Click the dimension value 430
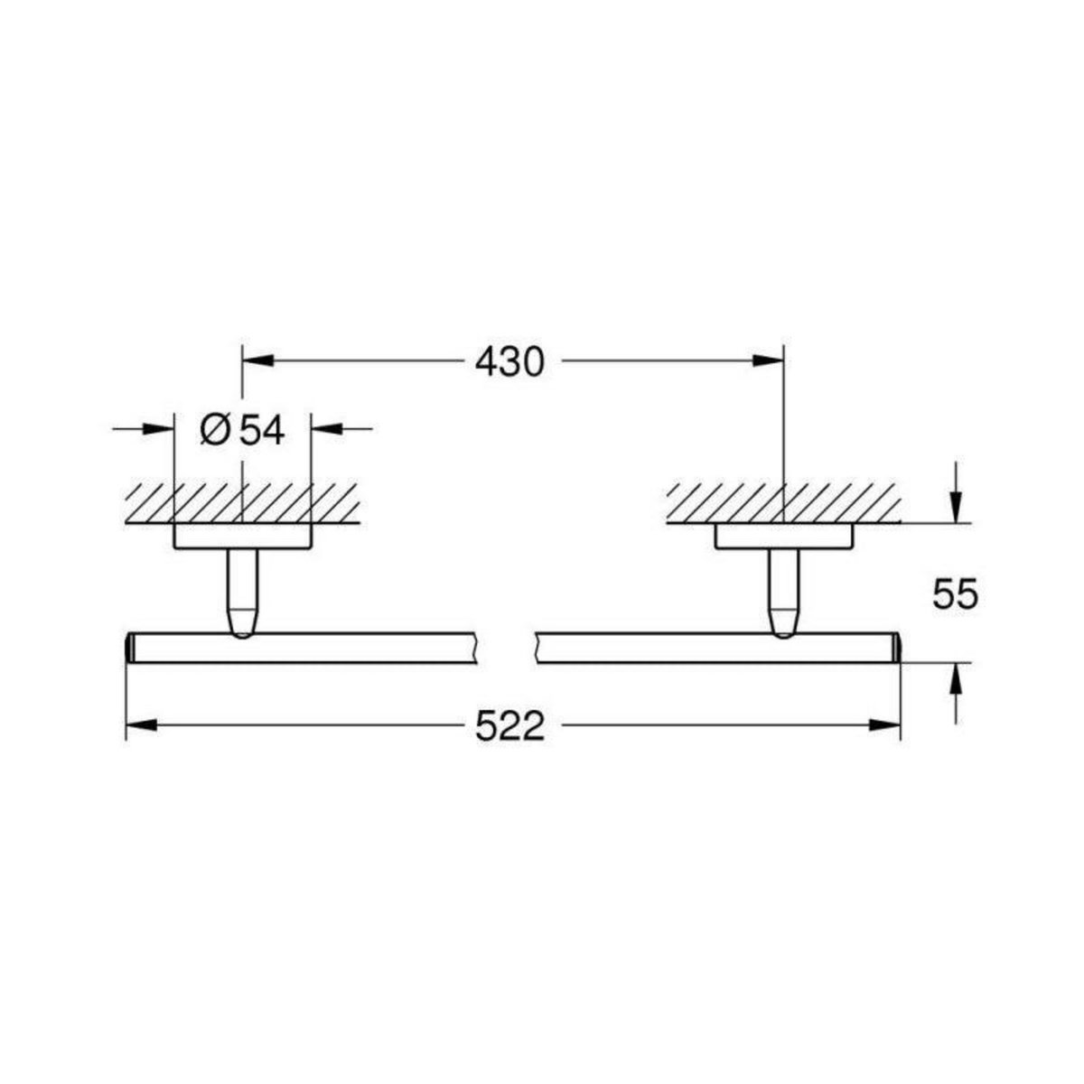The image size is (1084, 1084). pos(510,362)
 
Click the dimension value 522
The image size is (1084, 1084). pos(510,725)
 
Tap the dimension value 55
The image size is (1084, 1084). pos(954,595)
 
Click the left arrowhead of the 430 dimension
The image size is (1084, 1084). pos(257,361)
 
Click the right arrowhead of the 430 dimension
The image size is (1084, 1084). pos(768,361)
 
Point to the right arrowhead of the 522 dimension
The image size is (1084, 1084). pos(884,724)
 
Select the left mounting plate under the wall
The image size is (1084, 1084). pos(242,537)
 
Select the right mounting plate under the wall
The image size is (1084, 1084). pos(784,537)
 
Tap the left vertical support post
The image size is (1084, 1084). pos(242,592)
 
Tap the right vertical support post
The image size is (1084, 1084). pos(784,592)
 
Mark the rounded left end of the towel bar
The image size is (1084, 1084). pos(128,648)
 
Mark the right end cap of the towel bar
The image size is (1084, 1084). pos(896,648)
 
